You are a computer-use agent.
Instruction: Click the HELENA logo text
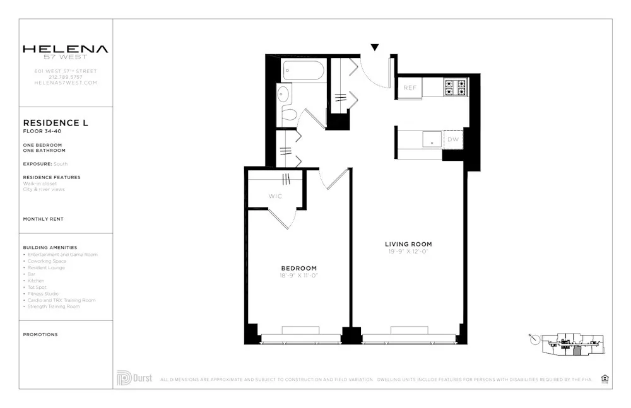(66, 49)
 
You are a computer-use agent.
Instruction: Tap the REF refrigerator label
(410, 88)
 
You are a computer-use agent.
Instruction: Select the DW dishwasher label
(453, 139)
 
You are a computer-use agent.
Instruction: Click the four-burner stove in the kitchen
(455, 87)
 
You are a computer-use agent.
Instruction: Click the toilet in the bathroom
(289, 115)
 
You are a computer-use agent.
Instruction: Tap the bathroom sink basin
(283, 95)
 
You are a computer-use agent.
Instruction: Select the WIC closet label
(275, 196)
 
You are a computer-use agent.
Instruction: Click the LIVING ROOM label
(408, 244)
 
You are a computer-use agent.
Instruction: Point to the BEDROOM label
(299, 268)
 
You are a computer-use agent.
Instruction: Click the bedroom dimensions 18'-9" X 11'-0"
(299, 276)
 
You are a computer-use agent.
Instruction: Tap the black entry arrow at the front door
(375, 47)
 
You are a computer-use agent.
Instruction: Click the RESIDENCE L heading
(56, 123)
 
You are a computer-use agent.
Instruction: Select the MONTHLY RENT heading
(43, 219)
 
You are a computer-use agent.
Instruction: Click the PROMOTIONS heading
(40, 334)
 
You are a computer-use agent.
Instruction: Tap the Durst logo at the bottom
(134, 378)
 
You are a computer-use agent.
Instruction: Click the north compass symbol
(535, 339)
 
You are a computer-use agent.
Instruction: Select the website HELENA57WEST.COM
(66, 83)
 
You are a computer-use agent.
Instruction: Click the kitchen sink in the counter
(432, 139)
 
